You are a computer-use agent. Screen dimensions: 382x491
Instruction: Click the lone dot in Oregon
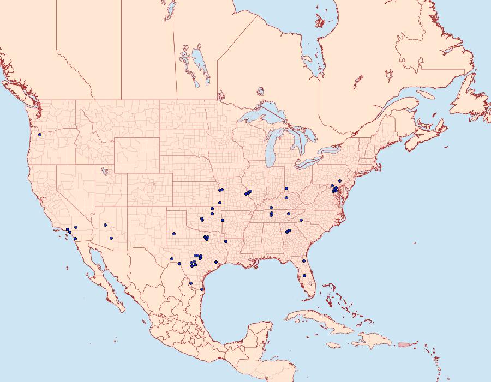tap(40, 135)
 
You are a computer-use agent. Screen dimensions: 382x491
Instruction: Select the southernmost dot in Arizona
tap(111, 238)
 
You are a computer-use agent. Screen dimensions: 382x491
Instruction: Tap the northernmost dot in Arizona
tap(105, 225)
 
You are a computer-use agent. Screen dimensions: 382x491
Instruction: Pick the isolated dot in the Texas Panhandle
tap(175, 234)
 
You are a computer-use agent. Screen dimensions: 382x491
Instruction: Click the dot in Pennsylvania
tap(339, 181)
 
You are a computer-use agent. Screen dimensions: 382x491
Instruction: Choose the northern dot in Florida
tap(304, 261)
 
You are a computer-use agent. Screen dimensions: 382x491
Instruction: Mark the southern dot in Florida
tap(304, 275)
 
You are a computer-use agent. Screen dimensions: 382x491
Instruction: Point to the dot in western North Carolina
tap(301, 220)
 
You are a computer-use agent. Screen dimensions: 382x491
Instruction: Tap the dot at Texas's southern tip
tap(202, 289)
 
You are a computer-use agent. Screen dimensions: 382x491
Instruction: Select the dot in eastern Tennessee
tap(289, 213)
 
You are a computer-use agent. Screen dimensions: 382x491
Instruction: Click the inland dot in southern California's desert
tap(76, 227)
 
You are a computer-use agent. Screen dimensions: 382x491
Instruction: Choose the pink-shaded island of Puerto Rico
tap(404, 344)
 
